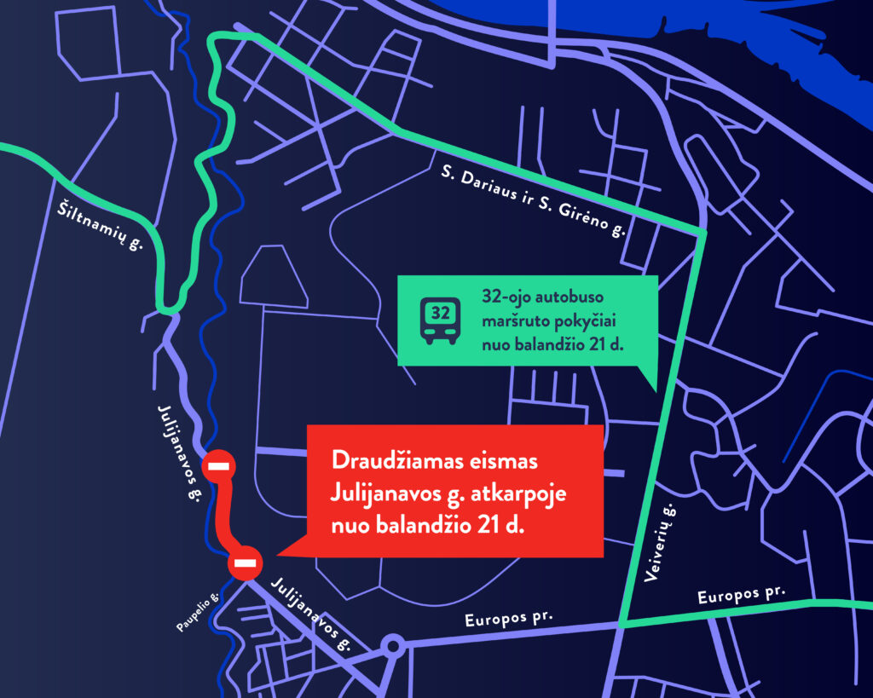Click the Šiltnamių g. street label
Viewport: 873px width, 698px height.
click(99, 225)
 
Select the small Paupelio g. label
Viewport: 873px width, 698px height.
click(199, 612)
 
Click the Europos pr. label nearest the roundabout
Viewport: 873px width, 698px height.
click(510, 619)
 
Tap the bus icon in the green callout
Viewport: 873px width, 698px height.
click(440, 320)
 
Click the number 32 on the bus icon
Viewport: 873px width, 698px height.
click(440, 313)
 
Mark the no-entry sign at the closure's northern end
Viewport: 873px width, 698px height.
click(219, 465)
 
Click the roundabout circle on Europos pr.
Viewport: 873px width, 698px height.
click(392, 645)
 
